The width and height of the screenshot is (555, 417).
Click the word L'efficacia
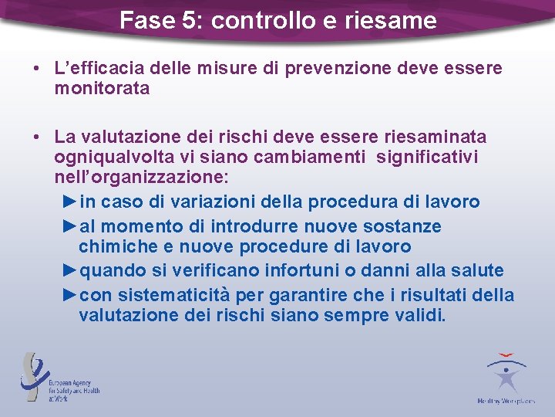[x=96, y=69]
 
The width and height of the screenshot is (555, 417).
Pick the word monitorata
[x=102, y=89]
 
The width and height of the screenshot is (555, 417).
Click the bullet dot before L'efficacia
[x=37, y=69]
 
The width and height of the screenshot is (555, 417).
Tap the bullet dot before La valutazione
[x=37, y=137]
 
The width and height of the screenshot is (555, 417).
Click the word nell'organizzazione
[x=140, y=178]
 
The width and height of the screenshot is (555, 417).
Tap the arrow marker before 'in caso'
[x=69, y=202]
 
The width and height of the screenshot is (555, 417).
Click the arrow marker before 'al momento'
[x=69, y=226]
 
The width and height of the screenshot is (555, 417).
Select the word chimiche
[x=116, y=247]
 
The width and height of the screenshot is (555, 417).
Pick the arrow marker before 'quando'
[x=69, y=271]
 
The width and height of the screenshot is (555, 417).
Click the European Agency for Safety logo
[x=59, y=378]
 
